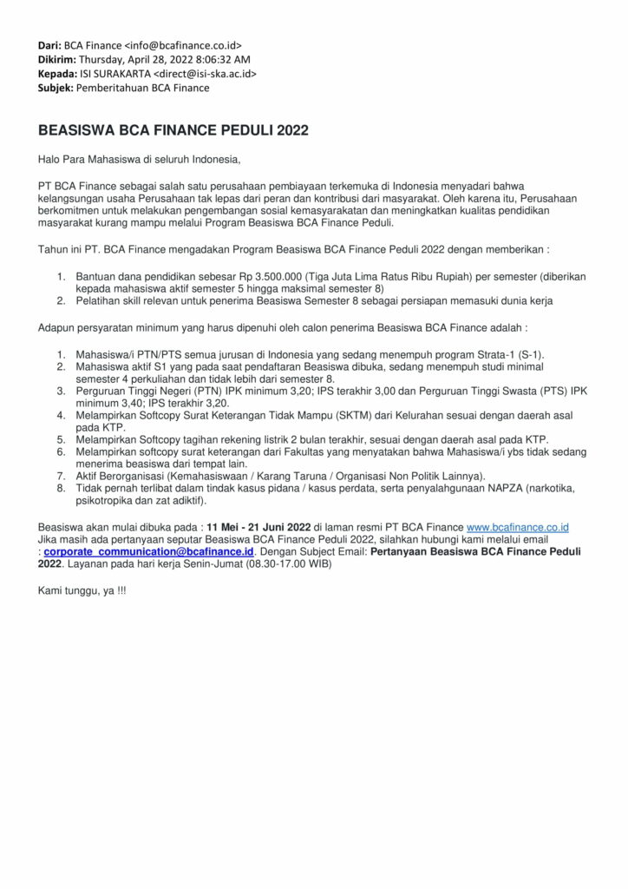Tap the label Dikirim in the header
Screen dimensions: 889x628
(56, 59)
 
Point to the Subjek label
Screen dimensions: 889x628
(55, 89)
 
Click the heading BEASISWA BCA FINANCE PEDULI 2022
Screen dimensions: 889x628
(173, 131)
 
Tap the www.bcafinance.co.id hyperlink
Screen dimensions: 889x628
(517, 527)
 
